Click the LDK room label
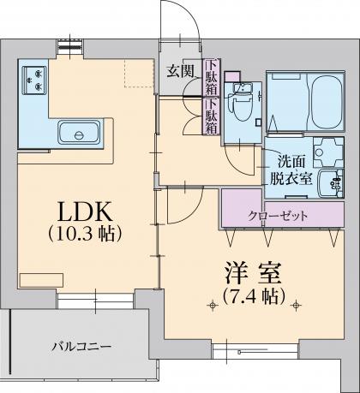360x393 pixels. pyautogui.click(x=85, y=211)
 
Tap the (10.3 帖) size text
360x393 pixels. pyautogui.click(x=85, y=234)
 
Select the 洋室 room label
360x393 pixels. pyautogui.click(x=253, y=273)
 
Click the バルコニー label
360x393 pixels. pyautogui.click(x=81, y=347)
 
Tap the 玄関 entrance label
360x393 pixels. pyautogui.click(x=181, y=71)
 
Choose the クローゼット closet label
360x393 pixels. pyautogui.click(x=278, y=216)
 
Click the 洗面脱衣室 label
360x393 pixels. pyautogui.click(x=291, y=170)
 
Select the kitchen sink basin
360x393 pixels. pyautogui.click(x=80, y=133)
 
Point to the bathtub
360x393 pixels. pyautogui.click(x=327, y=102)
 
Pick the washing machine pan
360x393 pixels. pyautogui.click(x=328, y=152)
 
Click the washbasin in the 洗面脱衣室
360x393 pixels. pyautogui.click(x=331, y=183)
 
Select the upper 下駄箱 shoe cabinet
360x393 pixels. pyautogui.click(x=212, y=77)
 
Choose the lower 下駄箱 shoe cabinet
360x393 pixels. pyautogui.click(x=212, y=116)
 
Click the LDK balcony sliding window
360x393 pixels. pyautogui.click(x=95, y=301)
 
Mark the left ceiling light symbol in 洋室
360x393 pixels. pyautogui.click(x=212, y=306)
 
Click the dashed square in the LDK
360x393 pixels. pyautogui.click(x=139, y=73)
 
